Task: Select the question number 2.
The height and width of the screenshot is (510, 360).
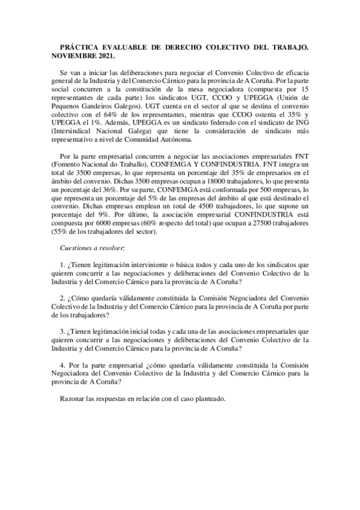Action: pyautogui.click(x=63, y=298)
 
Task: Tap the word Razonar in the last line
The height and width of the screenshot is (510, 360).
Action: pyautogui.click(x=76, y=399)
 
